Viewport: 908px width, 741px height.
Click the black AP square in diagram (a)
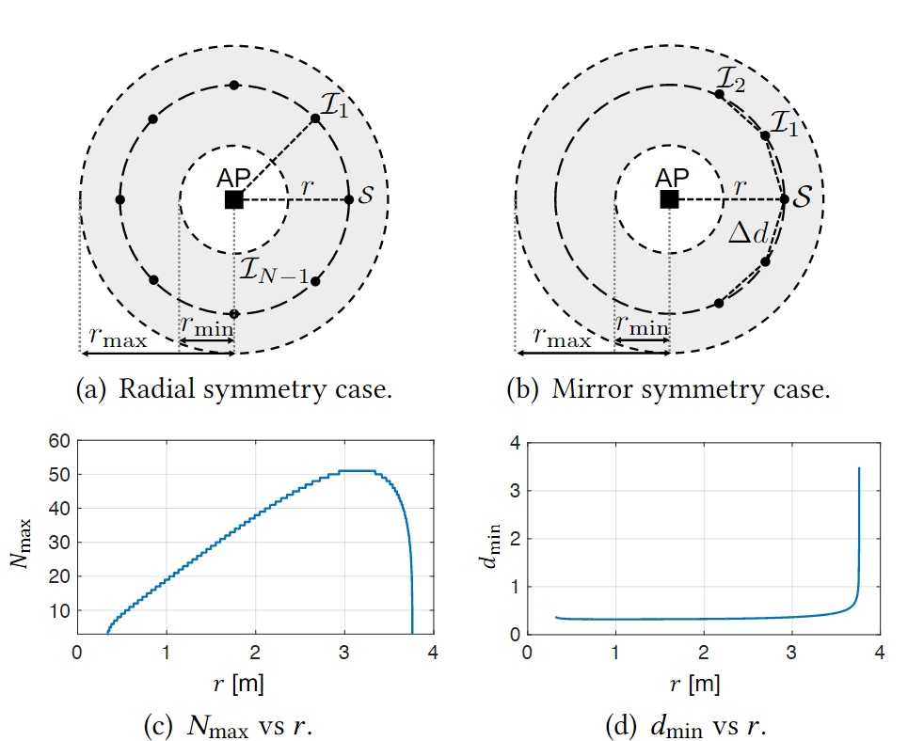click(234, 199)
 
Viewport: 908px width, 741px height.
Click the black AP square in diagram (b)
click(669, 199)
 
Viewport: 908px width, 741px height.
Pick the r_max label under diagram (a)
click(118, 339)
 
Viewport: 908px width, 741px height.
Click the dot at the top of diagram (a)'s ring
click(234, 86)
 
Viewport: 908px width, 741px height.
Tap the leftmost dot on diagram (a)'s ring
click(119, 199)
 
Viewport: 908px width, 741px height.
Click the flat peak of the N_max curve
click(357, 470)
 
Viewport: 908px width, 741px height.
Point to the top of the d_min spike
click(859, 467)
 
